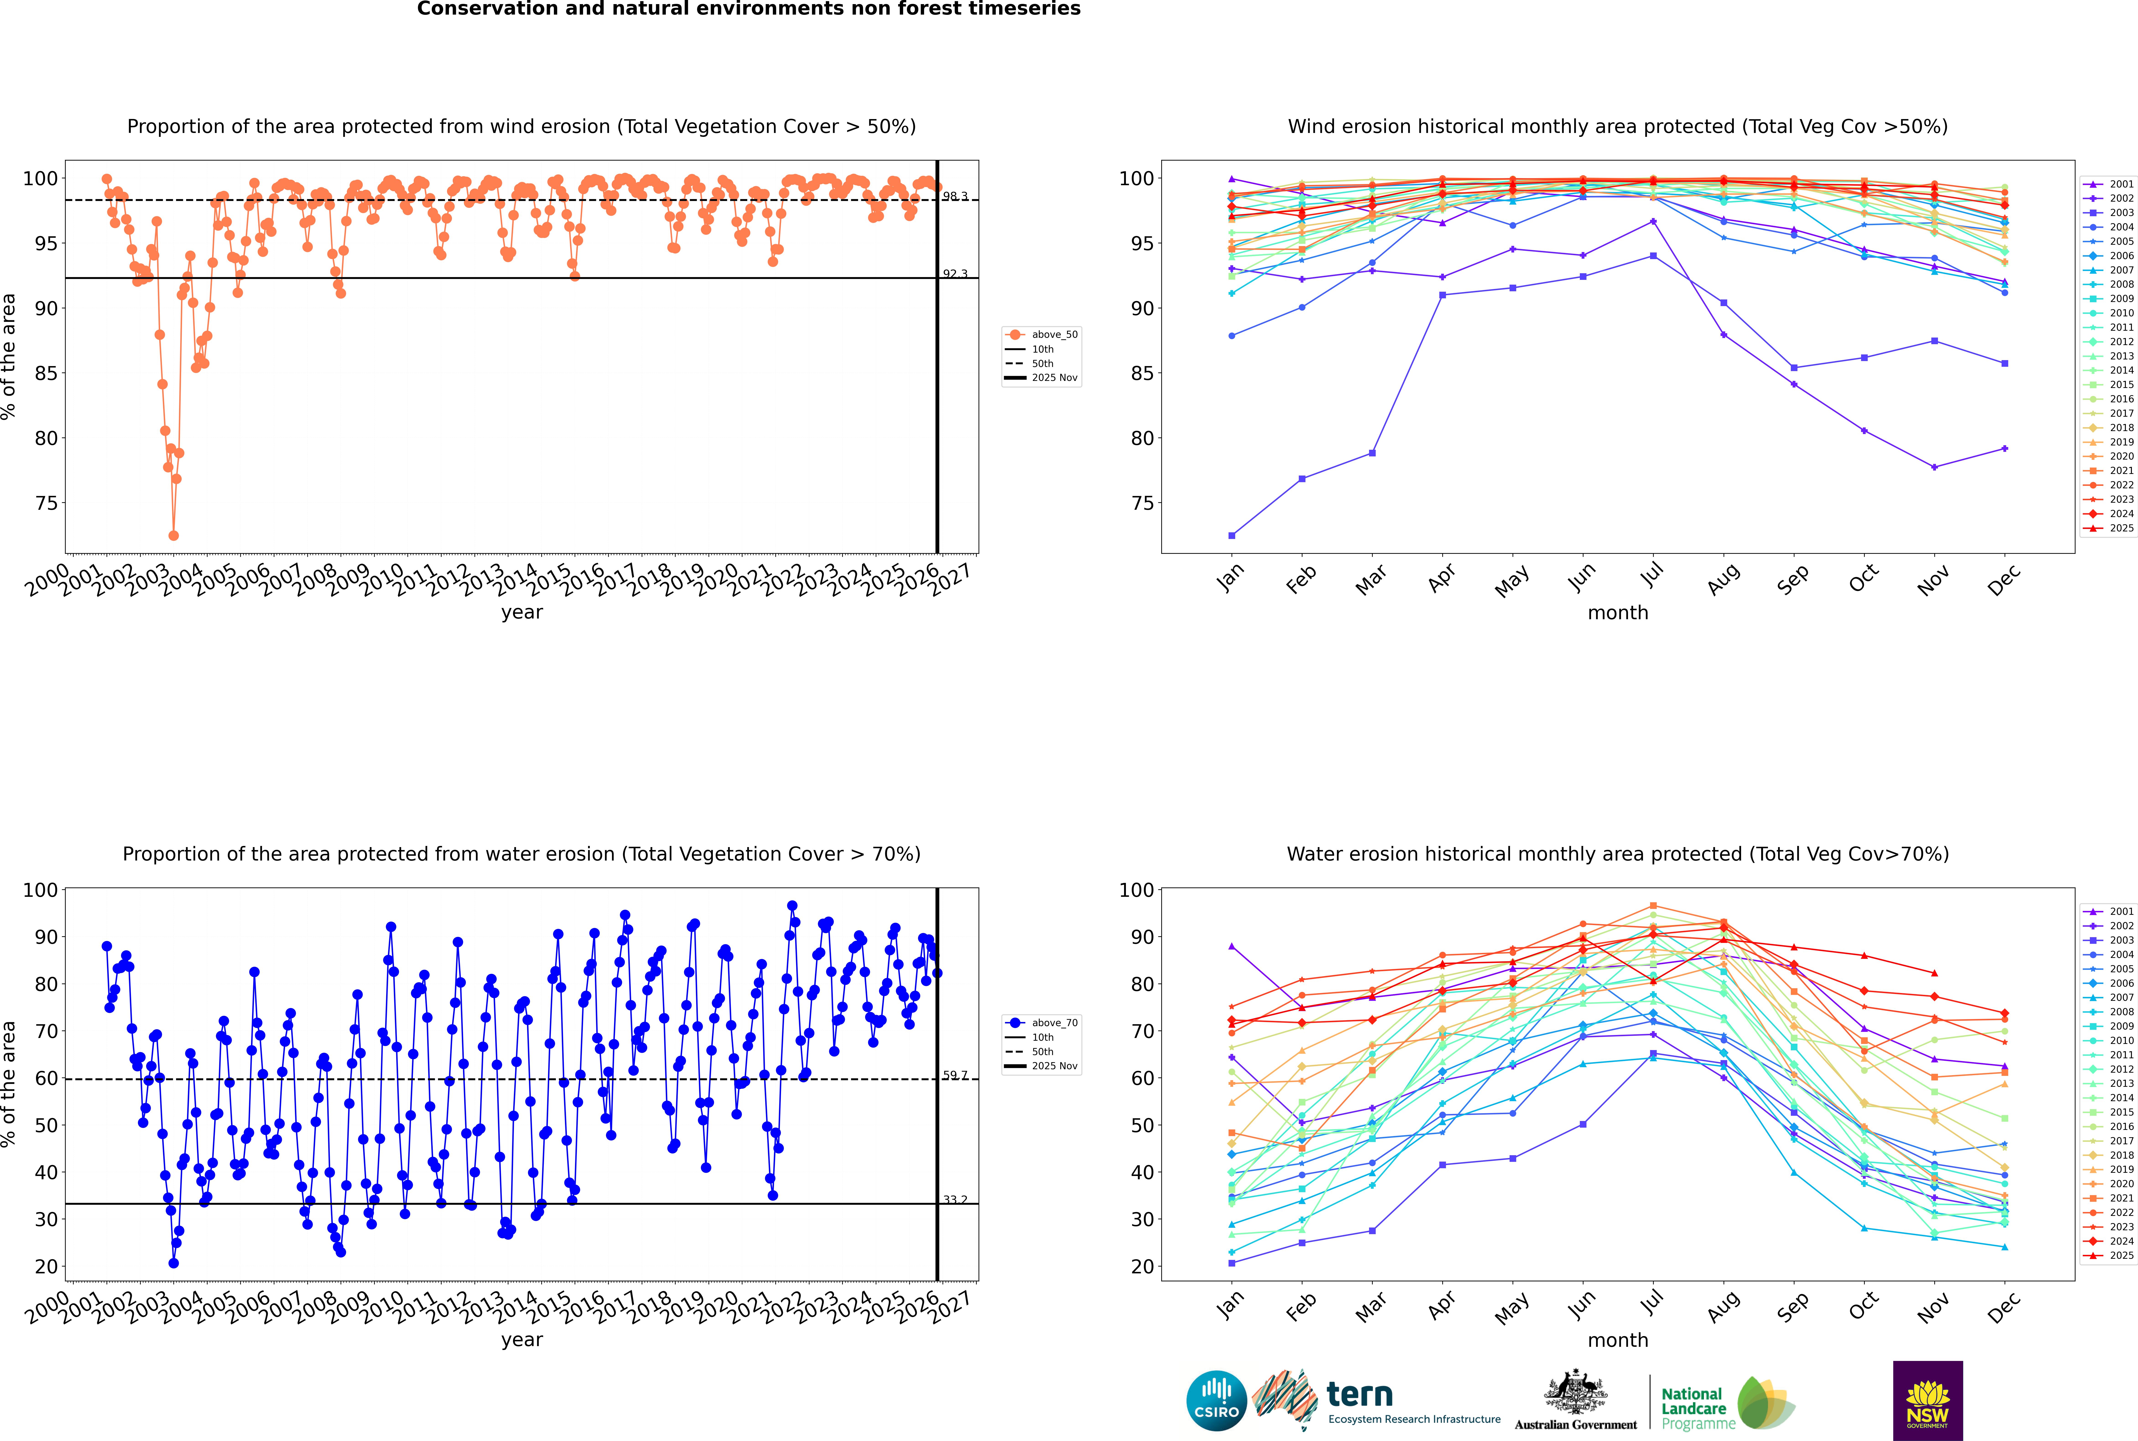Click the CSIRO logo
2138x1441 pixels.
click(1216, 1401)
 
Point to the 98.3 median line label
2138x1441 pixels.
click(955, 197)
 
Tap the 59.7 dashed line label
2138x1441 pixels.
click(955, 1075)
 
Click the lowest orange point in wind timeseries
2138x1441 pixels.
click(174, 536)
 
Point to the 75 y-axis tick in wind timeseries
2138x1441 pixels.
click(46, 504)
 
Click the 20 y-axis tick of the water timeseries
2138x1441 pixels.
click(46, 1266)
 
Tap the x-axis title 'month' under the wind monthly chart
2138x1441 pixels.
click(1618, 613)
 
